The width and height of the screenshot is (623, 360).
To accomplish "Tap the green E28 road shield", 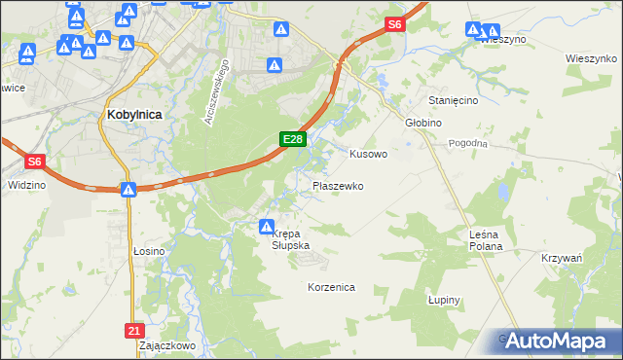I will point(294,140).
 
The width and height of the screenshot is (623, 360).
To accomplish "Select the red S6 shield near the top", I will point(393,24).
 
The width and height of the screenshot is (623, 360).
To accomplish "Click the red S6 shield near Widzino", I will point(33,162).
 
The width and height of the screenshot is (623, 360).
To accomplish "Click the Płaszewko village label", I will point(338,185).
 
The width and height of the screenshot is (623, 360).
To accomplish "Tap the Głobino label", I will point(423,124).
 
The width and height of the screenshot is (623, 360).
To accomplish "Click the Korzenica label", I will point(331,288).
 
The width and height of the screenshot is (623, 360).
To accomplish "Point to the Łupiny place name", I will point(444,301).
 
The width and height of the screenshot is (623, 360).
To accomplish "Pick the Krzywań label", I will point(561,258).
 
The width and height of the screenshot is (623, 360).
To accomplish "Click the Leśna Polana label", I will point(485,240).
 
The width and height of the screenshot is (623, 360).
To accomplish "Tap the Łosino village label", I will point(149,251).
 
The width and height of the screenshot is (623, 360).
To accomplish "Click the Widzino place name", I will point(25,183).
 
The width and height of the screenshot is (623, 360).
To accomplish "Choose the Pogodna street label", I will point(467,143).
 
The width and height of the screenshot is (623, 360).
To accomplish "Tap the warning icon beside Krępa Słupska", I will point(266,227).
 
